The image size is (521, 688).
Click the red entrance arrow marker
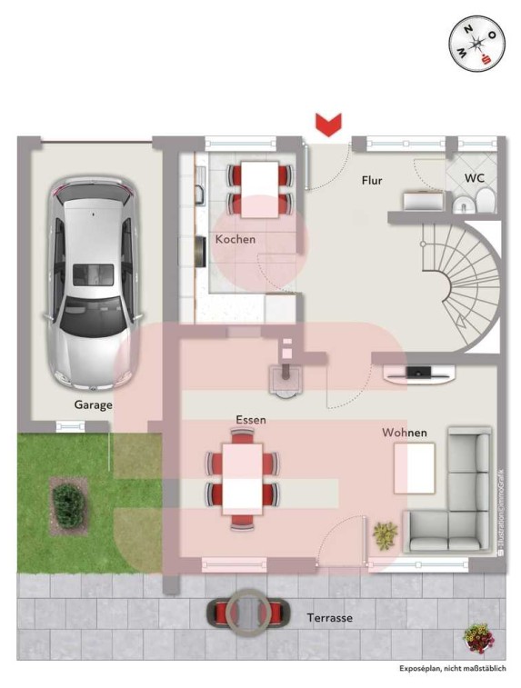click(x=328, y=125)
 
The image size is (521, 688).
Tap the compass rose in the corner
click(x=476, y=44)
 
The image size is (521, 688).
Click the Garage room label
click(x=93, y=405)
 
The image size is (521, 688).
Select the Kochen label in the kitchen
click(x=235, y=239)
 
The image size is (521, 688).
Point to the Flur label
click(x=372, y=180)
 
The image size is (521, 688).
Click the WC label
click(x=475, y=178)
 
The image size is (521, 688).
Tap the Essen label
click(x=251, y=420)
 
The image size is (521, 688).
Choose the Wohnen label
click(x=405, y=433)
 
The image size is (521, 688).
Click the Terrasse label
click(x=330, y=618)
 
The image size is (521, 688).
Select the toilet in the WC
click(x=486, y=202)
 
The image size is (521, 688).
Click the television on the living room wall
click(x=419, y=373)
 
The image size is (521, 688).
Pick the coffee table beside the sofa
click(x=415, y=468)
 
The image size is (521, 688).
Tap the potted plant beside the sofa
click(x=385, y=535)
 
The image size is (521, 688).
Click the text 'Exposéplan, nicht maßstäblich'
click(x=453, y=669)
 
